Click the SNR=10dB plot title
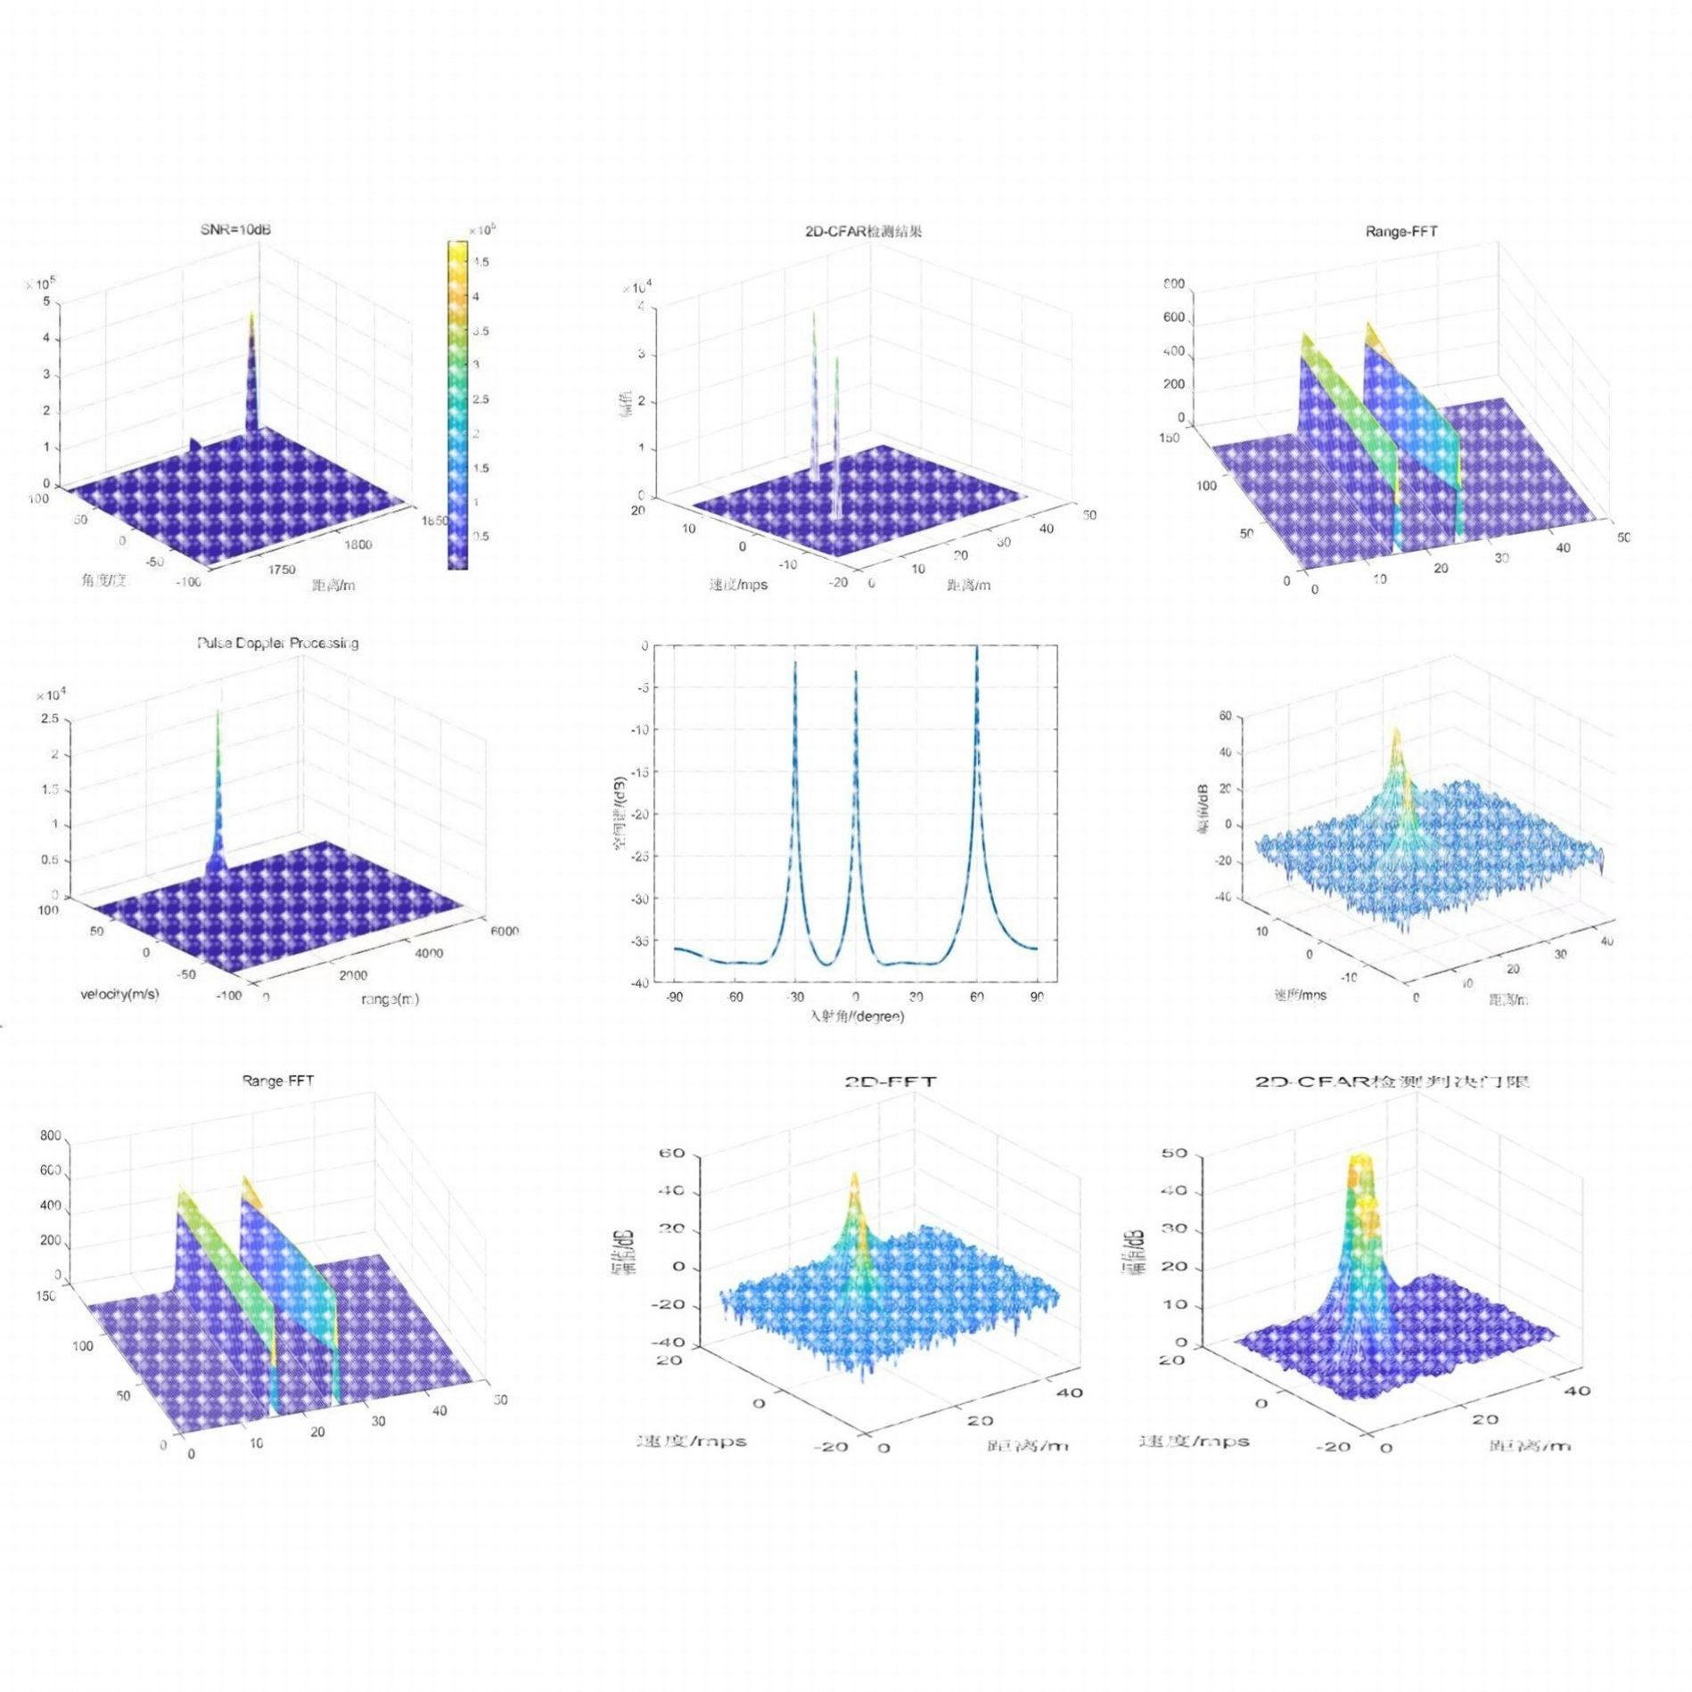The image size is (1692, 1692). click(235, 230)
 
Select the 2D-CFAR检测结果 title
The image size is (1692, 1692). click(862, 232)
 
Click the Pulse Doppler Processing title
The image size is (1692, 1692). click(278, 643)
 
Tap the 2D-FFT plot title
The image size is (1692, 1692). click(890, 1082)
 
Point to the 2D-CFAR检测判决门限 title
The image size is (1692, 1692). click(1392, 1082)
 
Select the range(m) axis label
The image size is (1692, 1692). click(390, 999)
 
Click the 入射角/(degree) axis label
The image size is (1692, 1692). click(856, 1016)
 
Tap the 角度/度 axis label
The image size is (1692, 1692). click(104, 580)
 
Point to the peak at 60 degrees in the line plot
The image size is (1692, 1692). click(976, 649)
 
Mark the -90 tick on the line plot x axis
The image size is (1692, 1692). click(674, 997)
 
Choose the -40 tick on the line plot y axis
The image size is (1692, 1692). click(640, 982)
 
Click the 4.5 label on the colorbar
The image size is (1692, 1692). click(480, 262)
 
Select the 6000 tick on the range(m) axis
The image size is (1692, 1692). click(504, 931)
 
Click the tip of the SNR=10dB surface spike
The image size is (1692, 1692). click(251, 314)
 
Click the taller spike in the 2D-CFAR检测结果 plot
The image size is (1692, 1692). click(813, 314)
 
